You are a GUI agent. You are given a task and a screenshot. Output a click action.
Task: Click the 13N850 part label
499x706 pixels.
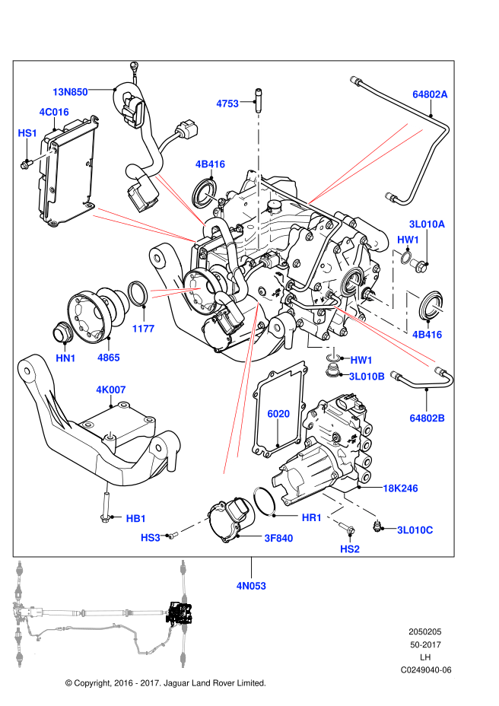click(x=70, y=91)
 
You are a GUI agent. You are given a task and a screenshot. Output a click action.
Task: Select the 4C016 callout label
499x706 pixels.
click(x=54, y=112)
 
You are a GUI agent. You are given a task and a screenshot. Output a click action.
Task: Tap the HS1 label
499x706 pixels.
click(x=27, y=133)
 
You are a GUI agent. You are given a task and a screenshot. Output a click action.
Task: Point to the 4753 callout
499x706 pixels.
click(x=227, y=103)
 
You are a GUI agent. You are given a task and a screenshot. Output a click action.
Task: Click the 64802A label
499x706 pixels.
click(x=431, y=94)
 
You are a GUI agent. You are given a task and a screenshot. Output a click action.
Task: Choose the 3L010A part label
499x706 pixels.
click(x=427, y=224)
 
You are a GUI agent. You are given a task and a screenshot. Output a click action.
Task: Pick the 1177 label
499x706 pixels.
click(x=143, y=329)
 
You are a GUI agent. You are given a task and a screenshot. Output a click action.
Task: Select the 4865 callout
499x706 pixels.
click(x=108, y=357)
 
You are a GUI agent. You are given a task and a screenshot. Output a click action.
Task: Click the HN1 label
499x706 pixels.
click(x=65, y=358)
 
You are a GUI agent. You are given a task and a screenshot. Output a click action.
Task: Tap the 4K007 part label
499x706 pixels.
click(x=111, y=390)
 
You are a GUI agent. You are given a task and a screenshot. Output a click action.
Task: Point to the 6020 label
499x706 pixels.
click(x=278, y=414)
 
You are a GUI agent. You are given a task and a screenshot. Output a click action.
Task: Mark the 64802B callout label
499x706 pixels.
click(x=427, y=418)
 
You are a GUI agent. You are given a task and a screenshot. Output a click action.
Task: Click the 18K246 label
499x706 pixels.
click(x=400, y=488)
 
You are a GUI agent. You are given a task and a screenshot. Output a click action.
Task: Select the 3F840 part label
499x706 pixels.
click(x=278, y=538)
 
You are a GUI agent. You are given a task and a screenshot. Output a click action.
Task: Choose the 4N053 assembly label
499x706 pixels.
click(x=251, y=586)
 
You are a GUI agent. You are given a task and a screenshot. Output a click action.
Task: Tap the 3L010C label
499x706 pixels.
click(x=415, y=529)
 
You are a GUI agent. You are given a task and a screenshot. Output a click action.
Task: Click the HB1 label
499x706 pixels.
click(x=135, y=519)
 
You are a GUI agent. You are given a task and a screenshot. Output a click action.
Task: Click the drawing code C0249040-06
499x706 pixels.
click(x=427, y=669)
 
